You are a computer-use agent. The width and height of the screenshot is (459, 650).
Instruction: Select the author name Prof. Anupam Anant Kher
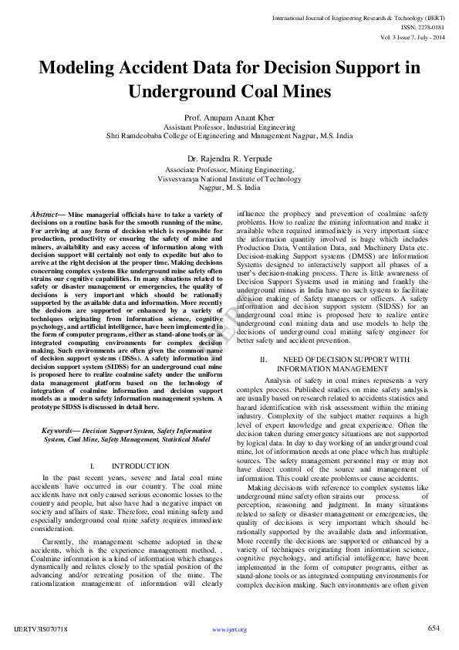[x=229, y=117]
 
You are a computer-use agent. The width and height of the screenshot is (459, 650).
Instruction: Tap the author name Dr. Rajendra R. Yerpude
[x=229, y=159]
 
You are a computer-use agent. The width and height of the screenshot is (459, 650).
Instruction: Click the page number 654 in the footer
[x=434, y=628]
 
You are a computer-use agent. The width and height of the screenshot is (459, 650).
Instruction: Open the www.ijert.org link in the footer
[x=229, y=630]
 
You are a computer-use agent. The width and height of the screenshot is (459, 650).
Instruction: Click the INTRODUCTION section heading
[x=140, y=466]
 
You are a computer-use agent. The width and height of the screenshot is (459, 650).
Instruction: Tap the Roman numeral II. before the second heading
[x=263, y=360]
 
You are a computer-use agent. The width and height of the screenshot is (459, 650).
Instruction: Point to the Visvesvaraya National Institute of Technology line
[x=229, y=178]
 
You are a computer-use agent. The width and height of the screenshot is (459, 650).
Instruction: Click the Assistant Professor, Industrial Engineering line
[x=229, y=126]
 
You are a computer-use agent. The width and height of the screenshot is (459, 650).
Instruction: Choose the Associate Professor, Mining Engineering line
[x=229, y=169]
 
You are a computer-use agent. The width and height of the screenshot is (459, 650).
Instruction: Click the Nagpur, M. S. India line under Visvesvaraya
[x=229, y=187]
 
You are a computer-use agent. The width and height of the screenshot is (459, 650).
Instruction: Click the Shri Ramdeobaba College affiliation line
[x=229, y=135]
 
